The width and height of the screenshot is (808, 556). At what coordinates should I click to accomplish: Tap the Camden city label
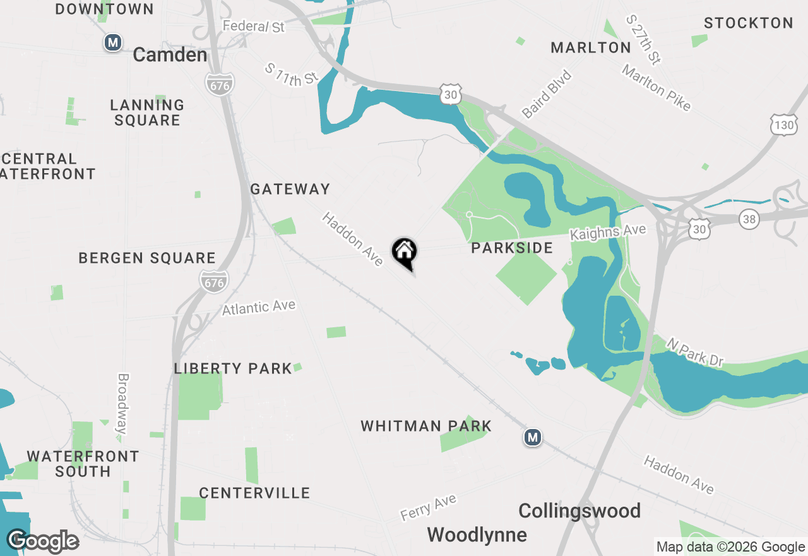[x=170, y=55]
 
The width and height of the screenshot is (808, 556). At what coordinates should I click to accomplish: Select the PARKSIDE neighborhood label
[x=512, y=248]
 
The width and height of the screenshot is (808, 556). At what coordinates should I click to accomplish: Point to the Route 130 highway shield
[x=783, y=124]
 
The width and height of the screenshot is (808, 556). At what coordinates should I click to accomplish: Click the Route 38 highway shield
[x=749, y=219]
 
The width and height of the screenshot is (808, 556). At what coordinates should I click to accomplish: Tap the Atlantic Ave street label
[x=259, y=308]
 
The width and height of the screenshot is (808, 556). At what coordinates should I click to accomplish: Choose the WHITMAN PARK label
[x=426, y=426]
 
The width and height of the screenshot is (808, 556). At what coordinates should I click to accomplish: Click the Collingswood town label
[x=579, y=511]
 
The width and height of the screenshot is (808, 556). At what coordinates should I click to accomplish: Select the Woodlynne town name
[x=477, y=535]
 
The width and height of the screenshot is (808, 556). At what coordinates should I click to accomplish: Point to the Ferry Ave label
[x=428, y=508]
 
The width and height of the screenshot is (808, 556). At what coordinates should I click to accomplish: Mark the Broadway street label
[x=122, y=404]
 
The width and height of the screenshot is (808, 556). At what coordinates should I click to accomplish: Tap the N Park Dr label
[x=694, y=353]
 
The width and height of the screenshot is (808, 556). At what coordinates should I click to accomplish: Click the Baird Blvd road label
[x=547, y=94]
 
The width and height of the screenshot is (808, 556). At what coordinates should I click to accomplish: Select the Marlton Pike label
[x=656, y=88]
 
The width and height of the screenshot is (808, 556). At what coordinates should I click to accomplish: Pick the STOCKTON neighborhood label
[x=748, y=23]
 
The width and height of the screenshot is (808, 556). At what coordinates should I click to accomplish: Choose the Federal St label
[x=254, y=27]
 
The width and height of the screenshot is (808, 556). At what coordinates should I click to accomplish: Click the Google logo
[x=43, y=541]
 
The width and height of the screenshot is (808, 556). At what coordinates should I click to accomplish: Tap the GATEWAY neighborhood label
[x=290, y=189]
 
